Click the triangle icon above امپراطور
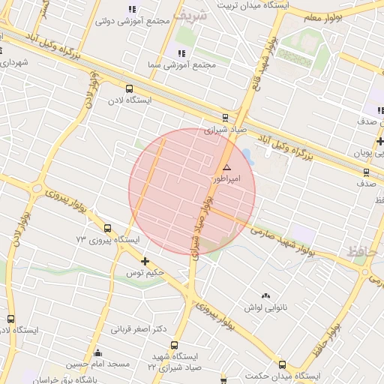pyautogui.click(x=226, y=167)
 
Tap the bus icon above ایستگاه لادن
pyautogui.click(x=130, y=88)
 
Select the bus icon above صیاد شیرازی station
pyautogui.click(x=225, y=116)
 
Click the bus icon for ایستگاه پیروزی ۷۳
pyautogui.click(x=107, y=228)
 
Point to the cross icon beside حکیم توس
pyautogui.click(x=145, y=261)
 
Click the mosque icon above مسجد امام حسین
pyautogui.click(x=97, y=353)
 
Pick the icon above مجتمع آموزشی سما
pyautogui.click(x=181, y=52)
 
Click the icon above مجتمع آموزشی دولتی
pyautogui.click(x=132, y=9)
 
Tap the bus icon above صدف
pyautogui.click(x=366, y=172)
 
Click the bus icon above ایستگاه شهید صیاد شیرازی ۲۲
pyautogui.click(x=174, y=346)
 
